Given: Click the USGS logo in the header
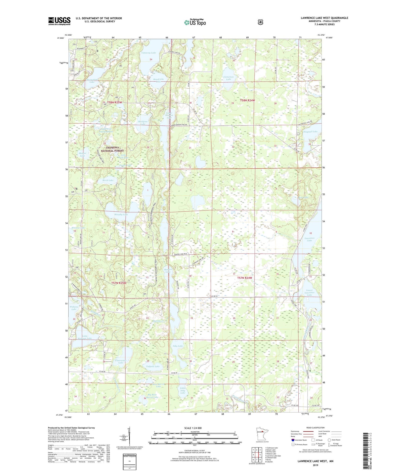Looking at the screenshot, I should click(59, 21).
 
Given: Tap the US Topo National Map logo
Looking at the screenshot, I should click(195, 22).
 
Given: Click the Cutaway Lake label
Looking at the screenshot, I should click(149, 53).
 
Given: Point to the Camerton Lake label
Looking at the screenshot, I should click(228, 78).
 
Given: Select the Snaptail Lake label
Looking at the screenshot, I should click(310, 132).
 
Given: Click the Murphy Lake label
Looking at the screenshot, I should click(121, 215).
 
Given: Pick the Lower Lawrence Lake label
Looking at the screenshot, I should click(309, 293).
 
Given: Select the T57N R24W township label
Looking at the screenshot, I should click(245, 278).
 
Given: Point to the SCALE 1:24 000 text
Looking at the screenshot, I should click(193, 428).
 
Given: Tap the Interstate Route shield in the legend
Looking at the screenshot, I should click(293, 440).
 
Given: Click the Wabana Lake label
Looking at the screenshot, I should click(74, 308).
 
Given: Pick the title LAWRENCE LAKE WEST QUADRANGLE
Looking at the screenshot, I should click(324, 18).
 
